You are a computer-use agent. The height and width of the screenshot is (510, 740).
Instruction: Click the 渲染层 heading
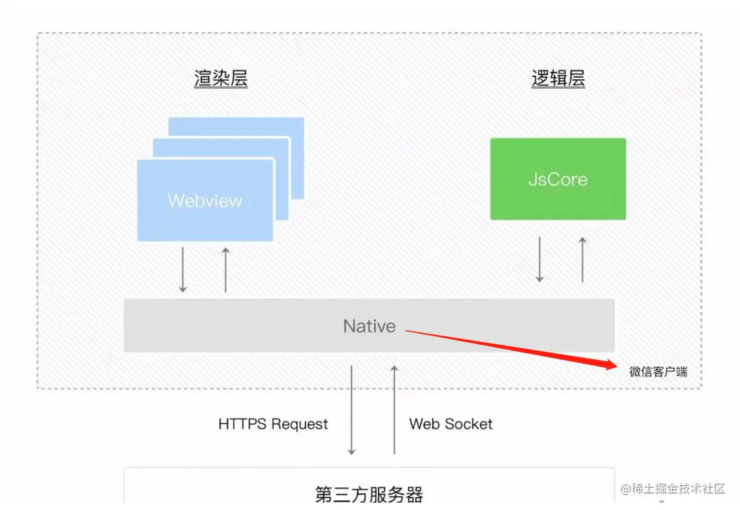[221, 79]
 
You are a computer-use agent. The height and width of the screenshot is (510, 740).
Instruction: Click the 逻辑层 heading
[558, 79]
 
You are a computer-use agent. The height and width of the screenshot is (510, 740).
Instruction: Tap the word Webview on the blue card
[204, 200]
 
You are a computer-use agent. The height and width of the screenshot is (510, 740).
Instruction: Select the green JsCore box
[558, 179]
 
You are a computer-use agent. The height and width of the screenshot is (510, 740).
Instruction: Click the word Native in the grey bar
[369, 326]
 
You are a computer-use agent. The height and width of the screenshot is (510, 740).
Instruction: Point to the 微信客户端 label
[658, 372]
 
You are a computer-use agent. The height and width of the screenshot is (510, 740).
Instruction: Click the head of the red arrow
[611, 365]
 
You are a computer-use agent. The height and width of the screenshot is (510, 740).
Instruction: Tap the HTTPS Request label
[273, 424]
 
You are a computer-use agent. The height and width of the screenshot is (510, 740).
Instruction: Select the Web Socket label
[451, 424]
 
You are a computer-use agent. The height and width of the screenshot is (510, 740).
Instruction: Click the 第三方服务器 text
[369, 494]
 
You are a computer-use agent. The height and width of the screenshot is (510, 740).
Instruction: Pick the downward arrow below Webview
[183, 270]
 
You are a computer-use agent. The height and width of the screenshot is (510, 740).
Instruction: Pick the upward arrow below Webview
[225, 270]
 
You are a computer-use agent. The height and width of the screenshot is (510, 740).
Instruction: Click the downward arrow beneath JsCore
[539, 259]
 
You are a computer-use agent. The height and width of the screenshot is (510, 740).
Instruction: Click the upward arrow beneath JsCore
[583, 259]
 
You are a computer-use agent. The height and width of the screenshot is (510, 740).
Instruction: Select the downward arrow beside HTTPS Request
[351, 409]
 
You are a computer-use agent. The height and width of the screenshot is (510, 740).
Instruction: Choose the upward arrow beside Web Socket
[394, 409]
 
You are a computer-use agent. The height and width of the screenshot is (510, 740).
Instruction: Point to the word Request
[300, 424]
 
